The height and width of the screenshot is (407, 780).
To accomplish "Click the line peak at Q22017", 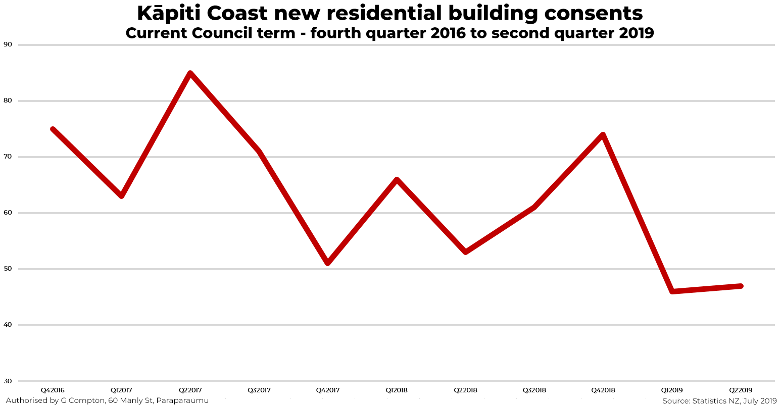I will tap(190, 74).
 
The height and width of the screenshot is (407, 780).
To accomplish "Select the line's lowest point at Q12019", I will tap(672, 291).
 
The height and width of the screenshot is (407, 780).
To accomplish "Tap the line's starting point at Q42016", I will tap(53, 129).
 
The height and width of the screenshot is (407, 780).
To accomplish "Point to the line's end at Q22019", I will tap(741, 286).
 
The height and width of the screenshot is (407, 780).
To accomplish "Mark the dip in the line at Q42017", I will tap(328, 263).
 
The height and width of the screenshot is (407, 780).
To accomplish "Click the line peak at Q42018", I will tap(603, 135).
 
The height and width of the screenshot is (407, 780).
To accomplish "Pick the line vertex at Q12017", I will tap(121, 196).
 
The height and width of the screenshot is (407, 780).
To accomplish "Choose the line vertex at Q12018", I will tap(397, 180).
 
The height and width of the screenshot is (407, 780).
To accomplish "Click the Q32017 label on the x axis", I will tap(259, 390).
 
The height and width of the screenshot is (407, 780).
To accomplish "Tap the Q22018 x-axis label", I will tap(465, 390).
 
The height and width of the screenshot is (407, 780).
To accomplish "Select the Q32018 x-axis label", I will tap(534, 390).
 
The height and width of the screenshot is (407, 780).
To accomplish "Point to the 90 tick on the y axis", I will tap(8, 44).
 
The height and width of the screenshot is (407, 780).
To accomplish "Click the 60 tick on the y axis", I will tap(8, 213).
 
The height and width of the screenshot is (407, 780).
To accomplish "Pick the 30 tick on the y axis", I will tap(8, 381).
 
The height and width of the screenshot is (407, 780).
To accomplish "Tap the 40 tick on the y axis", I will tap(8, 325).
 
